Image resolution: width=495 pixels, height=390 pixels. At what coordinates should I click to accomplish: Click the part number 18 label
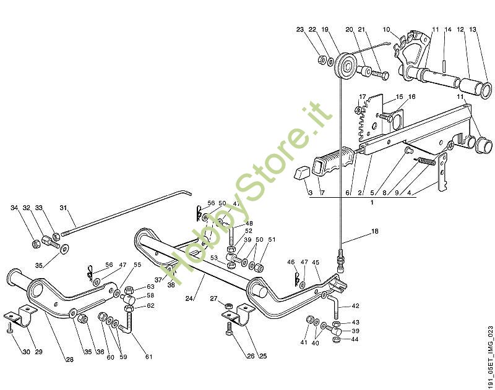[x=374, y=232]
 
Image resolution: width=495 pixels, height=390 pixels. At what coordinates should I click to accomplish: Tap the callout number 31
[x=62, y=208]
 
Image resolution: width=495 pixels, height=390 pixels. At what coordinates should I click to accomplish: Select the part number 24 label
[x=188, y=299]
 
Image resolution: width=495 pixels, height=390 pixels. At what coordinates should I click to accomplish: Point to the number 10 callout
[x=387, y=29]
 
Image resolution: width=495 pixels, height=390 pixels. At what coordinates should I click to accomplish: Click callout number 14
[x=448, y=29]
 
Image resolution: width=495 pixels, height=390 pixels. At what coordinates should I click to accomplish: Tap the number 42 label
[x=355, y=306]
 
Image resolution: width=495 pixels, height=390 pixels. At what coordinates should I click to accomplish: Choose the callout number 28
[x=70, y=359]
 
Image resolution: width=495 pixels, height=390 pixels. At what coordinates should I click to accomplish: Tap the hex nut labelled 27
[x=228, y=306]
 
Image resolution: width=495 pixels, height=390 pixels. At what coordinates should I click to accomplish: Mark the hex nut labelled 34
[x=36, y=244]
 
